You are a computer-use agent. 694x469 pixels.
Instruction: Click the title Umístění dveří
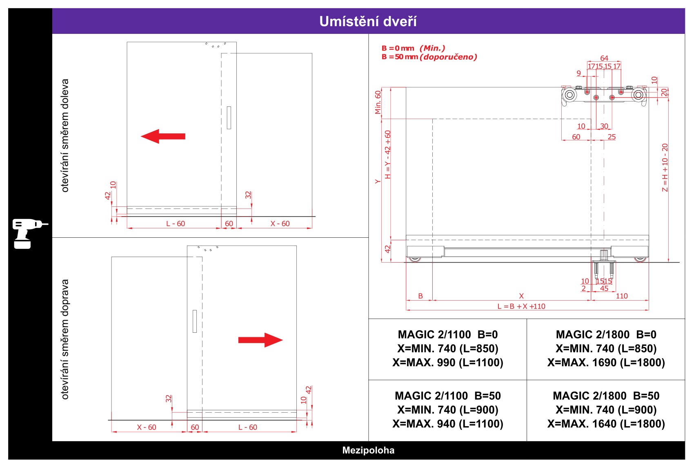[x=368, y=21]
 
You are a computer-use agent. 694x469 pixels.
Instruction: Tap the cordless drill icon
[x=30, y=233]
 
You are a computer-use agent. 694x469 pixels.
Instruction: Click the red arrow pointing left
[x=163, y=136]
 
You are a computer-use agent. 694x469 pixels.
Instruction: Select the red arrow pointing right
[x=260, y=340]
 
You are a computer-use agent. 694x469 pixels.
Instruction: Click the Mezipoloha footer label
[x=368, y=450]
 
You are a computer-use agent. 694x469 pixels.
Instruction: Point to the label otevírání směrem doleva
[x=65, y=135]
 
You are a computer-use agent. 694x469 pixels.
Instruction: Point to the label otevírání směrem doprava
[x=65, y=339]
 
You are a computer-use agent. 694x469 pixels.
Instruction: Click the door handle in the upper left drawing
[x=229, y=117]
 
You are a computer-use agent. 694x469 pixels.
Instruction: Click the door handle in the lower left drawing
[x=195, y=321]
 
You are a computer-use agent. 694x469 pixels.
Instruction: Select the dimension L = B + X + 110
[x=521, y=306]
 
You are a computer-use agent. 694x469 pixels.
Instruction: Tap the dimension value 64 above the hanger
[x=604, y=58]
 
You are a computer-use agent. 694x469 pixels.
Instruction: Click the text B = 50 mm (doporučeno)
[x=429, y=57]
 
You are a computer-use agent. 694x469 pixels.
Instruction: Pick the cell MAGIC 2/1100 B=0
[x=448, y=349]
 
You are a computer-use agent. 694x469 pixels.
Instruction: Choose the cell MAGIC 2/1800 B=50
[x=606, y=410]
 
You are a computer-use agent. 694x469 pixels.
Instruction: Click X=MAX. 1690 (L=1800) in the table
[x=606, y=363]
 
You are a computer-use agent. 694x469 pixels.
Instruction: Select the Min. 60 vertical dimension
[x=378, y=102]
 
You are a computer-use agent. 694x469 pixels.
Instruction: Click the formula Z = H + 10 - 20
[x=665, y=168]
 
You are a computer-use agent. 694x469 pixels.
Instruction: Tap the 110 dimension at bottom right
[x=621, y=296]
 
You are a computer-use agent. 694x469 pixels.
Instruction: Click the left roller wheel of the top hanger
[x=569, y=95]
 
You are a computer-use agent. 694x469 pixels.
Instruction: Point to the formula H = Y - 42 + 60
[x=387, y=155]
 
